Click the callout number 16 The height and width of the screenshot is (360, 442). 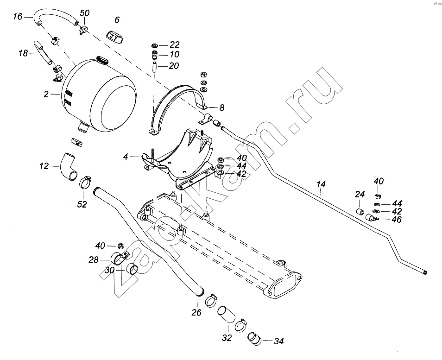pyautogui.click(x=17, y=17)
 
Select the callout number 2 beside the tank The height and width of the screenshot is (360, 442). pyautogui.click(x=46, y=95)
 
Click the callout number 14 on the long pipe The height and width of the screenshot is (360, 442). pyautogui.click(x=321, y=184)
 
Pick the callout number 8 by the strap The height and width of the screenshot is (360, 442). pyautogui.click(x=222, y=107)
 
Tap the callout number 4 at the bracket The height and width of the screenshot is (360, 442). pyautogui.click(x=125, y=158)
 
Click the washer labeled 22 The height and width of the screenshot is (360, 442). pyautogui.click(x=155, y=45)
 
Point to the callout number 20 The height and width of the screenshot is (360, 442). pyautogui.click(x=174, y=66)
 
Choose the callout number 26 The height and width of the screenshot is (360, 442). pyautogui.click(x=196, y=313)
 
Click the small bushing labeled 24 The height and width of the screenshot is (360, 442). pyautogui.click(x=359, y=212)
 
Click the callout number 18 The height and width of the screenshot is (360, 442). pyautogui.click(x=23, y=54)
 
